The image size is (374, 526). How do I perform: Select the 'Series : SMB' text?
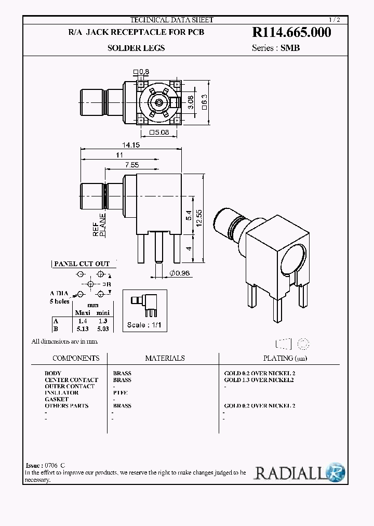(276, 48)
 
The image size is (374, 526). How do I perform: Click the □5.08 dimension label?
(158, 133)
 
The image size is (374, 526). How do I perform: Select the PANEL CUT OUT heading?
(82, 264)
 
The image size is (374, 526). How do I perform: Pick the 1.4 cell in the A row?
(82, 321)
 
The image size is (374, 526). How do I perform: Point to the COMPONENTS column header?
(76, 358)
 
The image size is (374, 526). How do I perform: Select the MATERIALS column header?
(165, 358)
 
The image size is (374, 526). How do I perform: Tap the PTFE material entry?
(120, 393)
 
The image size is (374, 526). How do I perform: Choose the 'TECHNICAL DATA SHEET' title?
(171, 20)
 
